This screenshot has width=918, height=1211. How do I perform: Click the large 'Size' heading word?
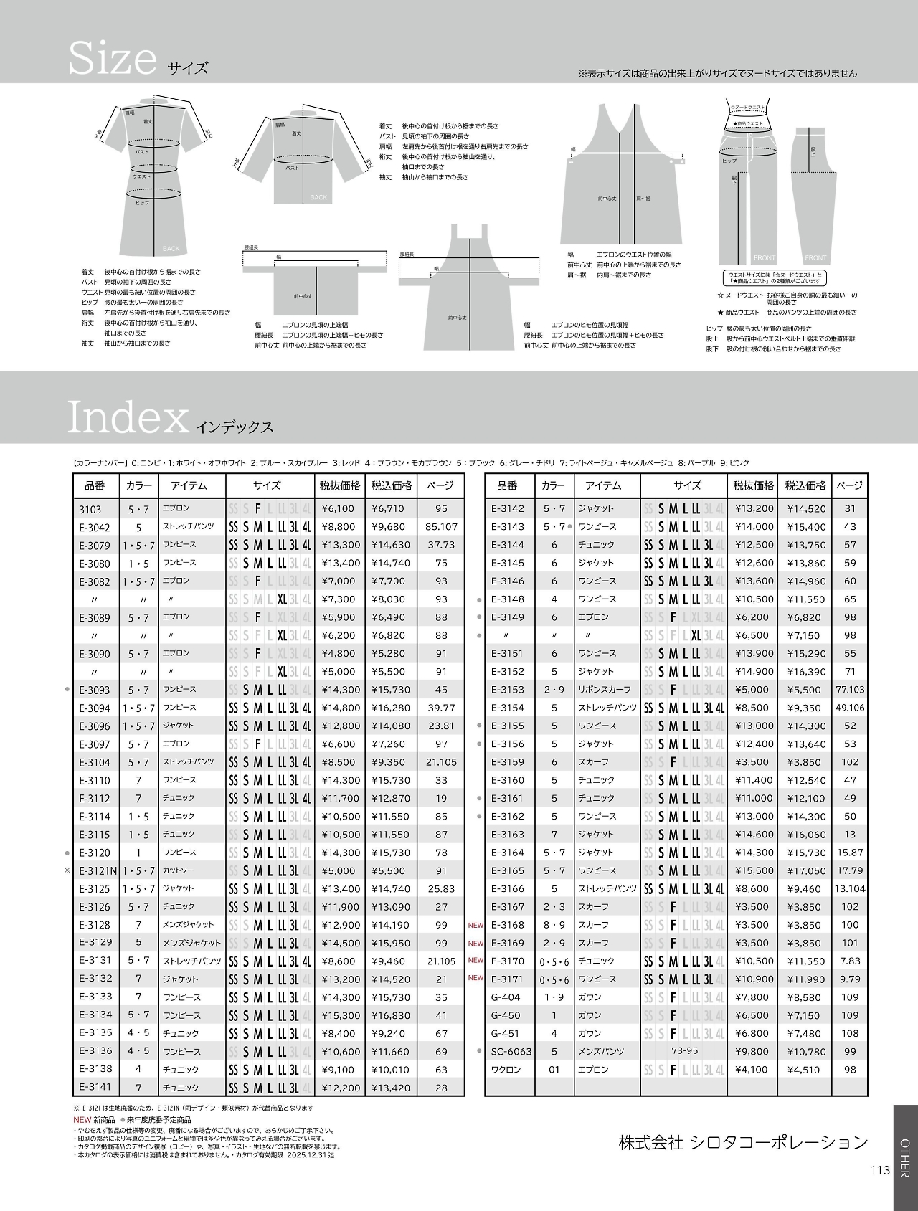(x=112, y=59)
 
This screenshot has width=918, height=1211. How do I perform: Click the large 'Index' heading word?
(x=128, y=417)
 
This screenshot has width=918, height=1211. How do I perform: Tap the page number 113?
(x=880, y=1170)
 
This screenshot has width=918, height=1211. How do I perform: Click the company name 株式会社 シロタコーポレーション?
(x=743, y=1143)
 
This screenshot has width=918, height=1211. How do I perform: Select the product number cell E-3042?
(x=95, y=527)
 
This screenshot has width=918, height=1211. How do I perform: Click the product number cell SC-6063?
(x=511, y=1052)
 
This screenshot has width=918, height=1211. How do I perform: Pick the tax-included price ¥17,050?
(x=806, y=870)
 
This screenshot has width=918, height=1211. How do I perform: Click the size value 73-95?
(x=684, y=1051)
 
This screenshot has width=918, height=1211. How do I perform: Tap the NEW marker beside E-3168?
(x=475, y=925)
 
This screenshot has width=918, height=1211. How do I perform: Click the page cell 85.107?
(x=441, y=527)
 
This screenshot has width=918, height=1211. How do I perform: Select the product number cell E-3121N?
(x=98, y=870)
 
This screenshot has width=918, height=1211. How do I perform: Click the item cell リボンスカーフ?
(x=605, y=690)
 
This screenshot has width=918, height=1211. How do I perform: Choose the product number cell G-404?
(x=506, y=997)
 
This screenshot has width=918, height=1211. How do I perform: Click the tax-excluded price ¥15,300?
(x=341, y=1015)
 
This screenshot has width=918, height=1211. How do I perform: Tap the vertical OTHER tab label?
(x=904, y=1158)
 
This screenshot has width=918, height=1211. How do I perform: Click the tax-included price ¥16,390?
(x=806, y=672)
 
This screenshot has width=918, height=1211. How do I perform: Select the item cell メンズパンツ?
(x=601, y=1052)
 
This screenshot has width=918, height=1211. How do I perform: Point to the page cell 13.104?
(x=850, y=889)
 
